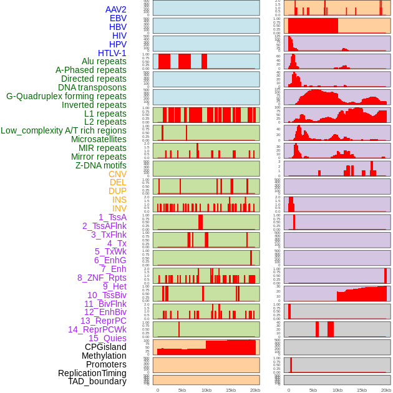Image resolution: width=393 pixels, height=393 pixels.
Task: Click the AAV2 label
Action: point(116,9)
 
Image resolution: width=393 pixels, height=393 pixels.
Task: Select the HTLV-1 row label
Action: point(112,53)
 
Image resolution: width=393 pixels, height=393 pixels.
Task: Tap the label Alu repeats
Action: point(104,61)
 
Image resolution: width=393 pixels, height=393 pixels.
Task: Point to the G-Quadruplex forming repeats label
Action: point(66,96)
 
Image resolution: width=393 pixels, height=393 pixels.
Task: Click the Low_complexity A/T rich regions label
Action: point(64,130)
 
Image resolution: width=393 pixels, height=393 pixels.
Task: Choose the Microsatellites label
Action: point(99,139)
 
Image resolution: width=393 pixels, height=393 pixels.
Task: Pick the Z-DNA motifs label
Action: point(101,165)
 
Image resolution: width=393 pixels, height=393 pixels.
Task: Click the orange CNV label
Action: point(117,174)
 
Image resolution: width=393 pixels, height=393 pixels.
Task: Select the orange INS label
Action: point(119,200)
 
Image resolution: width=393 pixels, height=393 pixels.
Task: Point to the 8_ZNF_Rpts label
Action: point(102,278)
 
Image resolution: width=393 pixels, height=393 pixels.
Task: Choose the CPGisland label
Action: point(105,347)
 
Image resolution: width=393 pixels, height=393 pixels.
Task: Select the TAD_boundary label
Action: point(97,381)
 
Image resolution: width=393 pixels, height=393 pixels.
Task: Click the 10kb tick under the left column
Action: point(206,390)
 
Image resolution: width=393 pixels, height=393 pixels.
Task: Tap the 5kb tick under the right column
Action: point(313,390)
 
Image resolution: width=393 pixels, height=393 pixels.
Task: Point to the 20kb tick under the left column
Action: point(255,390)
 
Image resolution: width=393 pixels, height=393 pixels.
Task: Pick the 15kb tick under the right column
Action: point(361,390)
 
